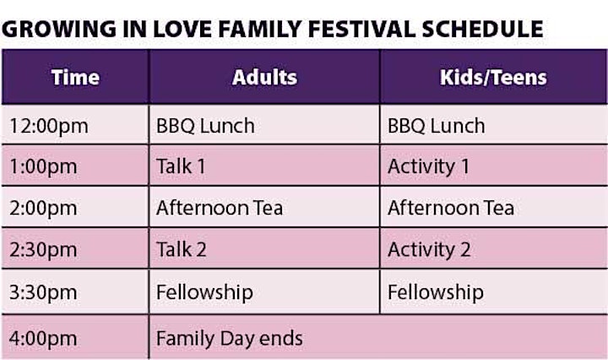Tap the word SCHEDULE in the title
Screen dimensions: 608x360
482,29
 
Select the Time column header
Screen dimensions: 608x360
75,77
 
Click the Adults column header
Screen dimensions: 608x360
264,77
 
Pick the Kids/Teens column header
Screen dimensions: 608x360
493,77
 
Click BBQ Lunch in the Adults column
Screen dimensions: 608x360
205,126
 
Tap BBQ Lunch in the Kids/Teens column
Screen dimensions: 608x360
437,126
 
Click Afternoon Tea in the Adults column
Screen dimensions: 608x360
220,208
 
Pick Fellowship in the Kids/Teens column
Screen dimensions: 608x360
436,292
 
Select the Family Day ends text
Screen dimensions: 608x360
229,338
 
